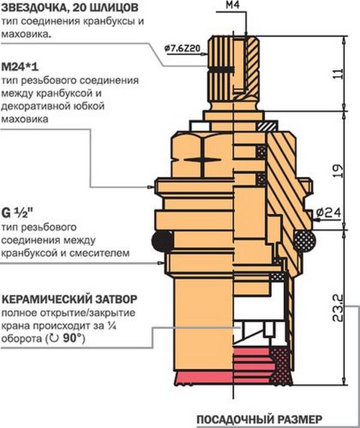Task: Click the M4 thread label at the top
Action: pos(232,5)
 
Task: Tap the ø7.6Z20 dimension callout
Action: pos(182,49)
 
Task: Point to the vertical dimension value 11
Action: pos(338,74)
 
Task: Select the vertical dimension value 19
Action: pos(338,171)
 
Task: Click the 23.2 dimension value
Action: pos(338,308)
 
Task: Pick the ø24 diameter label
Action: pos(329,212)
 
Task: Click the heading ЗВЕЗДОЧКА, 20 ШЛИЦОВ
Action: pos(70,8)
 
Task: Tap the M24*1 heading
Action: pos(20,67)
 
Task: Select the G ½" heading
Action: pos(17,213)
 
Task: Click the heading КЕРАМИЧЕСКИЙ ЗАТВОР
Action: pos(70,299)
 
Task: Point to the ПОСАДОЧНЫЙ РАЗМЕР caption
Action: pos(259,419)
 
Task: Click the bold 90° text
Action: pos(73,338)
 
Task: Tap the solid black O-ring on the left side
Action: pos(162,241)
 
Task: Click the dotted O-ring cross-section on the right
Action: pos(304,240)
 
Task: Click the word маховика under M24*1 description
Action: pos(25,119)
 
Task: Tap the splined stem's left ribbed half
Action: pos(221,70)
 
